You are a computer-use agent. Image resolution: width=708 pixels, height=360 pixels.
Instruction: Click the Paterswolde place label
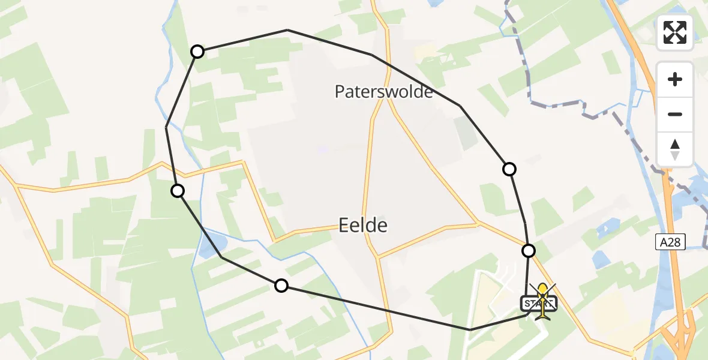tap(384, 92)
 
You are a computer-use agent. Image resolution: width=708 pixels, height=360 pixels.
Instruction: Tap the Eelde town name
tap(363, 226)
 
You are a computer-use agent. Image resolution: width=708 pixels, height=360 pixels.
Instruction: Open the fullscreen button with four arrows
tap(675, 32)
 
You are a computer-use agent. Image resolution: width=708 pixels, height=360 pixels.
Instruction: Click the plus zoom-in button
tap(675, 79)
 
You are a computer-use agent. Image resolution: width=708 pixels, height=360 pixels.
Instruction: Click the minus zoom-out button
tap(675, 114)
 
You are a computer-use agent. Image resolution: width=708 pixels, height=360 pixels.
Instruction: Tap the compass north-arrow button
tap(675, 149)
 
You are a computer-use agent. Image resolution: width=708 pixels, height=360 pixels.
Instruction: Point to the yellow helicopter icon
tap(543, 300)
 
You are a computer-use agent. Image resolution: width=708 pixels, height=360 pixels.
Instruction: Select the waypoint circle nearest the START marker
tap(529, 251)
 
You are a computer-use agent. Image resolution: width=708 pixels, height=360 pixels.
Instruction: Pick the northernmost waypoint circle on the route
tap(197, 52)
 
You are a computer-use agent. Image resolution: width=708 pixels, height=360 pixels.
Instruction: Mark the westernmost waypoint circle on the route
tap(178, 191)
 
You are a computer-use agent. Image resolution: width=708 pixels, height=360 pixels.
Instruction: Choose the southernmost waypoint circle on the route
tap(281, 286)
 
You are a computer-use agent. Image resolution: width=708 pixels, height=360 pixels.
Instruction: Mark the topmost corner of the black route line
tap(287, 30)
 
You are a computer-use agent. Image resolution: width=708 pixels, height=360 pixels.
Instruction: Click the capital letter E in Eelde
tap(345, 226)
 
